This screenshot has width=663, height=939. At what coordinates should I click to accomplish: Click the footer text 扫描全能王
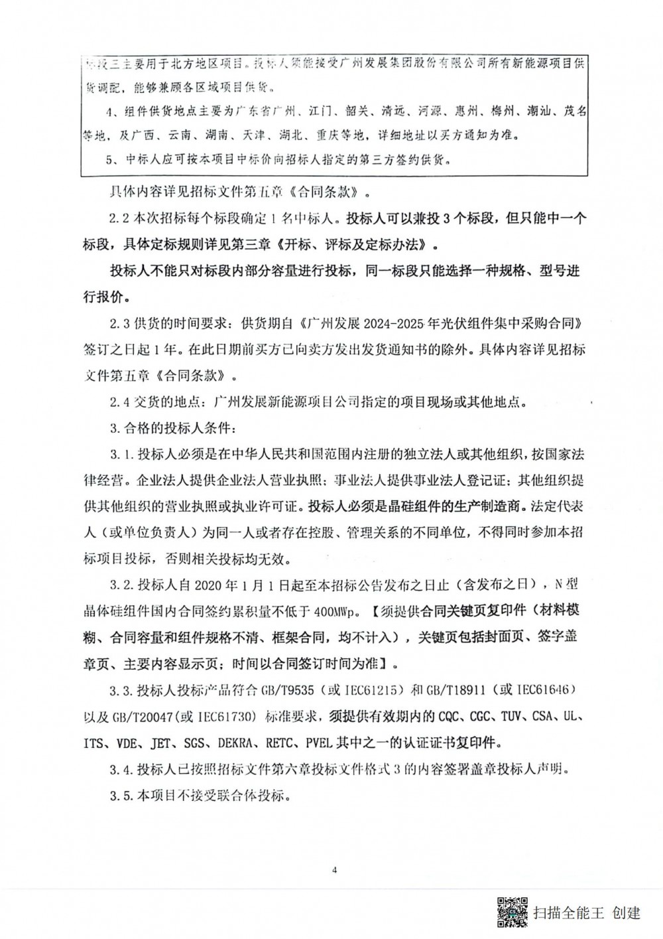[569, 913]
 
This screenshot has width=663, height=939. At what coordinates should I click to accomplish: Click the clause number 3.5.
[121, 794]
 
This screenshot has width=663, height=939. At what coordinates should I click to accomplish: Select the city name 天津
[253, 135]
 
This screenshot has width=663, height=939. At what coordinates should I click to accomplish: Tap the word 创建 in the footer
[627, 913]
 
